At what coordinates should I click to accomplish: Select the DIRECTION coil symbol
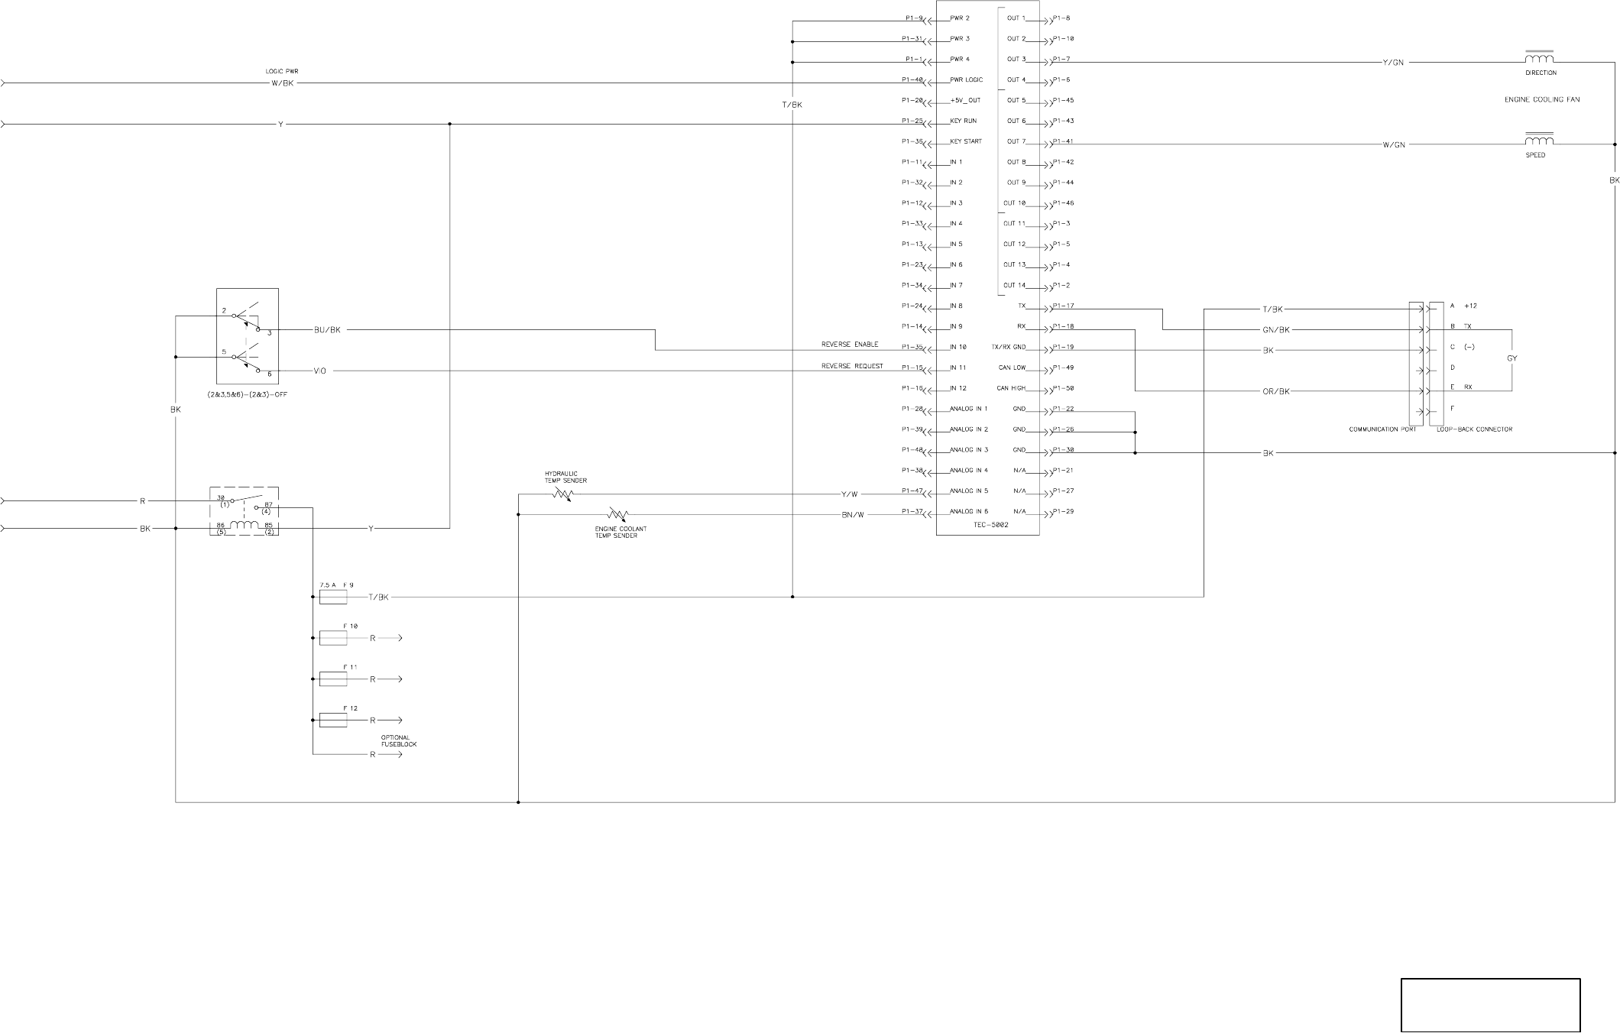(1539, 59)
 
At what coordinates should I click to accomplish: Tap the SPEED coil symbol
(1539, 140)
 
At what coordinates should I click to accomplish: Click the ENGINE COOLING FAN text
(1541, 99)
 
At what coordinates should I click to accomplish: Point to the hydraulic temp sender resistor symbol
(562, 494)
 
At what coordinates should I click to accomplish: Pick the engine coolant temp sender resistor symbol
(617, 513)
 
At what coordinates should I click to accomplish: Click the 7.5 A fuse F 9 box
(332, 597)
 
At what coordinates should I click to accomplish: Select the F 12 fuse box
(332, 720)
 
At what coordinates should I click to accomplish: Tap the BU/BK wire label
(327, 330)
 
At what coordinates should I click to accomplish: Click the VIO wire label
(320, 371)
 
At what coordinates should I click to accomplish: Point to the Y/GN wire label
(1393, 63)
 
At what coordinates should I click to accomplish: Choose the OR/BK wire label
(1275, 392)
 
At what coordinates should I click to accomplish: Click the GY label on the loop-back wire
(1511, 358)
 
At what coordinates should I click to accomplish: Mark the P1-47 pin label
(912, 491)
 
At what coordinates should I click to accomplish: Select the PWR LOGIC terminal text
(966, 79)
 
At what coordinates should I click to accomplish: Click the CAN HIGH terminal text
(1012, 388)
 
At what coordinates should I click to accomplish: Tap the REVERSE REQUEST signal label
(852, 366)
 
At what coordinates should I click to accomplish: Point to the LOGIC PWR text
(281, 71)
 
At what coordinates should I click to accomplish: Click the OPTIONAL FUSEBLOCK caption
(399, 740)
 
